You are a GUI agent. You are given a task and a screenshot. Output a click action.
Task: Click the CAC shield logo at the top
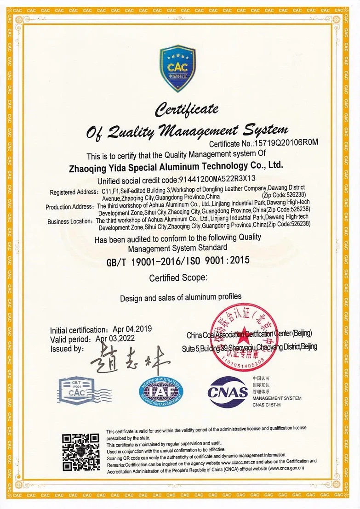(177, 68)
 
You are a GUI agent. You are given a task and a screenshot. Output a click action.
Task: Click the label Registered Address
(74, 192)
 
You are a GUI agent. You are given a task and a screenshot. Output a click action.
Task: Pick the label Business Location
(70, 221)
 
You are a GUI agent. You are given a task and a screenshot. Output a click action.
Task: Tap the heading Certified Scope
(178, 278)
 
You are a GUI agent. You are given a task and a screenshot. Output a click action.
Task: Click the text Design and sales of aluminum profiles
(181, 298)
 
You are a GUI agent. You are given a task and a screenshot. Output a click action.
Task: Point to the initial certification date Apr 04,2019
(132, 329)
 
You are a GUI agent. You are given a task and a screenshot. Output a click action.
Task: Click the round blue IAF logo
(161, 391)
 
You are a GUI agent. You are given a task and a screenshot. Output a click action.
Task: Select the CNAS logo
(228, 391)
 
